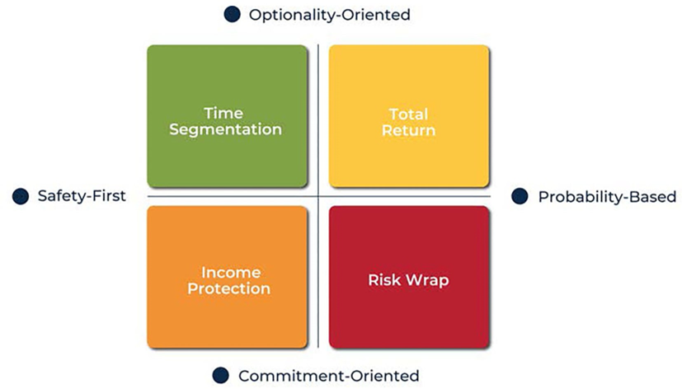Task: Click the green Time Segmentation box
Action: point(228,116)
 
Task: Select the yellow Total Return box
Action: point(409,116)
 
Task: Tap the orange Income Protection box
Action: point(228,277)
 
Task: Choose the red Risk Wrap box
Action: point(409,277)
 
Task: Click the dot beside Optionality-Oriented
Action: point(233,14)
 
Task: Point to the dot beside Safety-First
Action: point(21,196)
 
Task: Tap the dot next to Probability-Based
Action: point(520,196)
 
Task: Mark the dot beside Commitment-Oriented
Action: point(220,376)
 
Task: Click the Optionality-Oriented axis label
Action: point(329,15)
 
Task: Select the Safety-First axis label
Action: point(82,196)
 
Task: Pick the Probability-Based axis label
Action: point(607,197)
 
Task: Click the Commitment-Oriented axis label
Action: point(329,376)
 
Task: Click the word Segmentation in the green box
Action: point(225,129)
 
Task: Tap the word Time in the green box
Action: point(223,113)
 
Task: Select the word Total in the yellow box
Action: point(408,115)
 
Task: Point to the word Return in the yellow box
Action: point(408,130)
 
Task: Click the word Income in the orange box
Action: point(231,273)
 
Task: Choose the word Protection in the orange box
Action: point(228,288)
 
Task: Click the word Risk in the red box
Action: point(384,280)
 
